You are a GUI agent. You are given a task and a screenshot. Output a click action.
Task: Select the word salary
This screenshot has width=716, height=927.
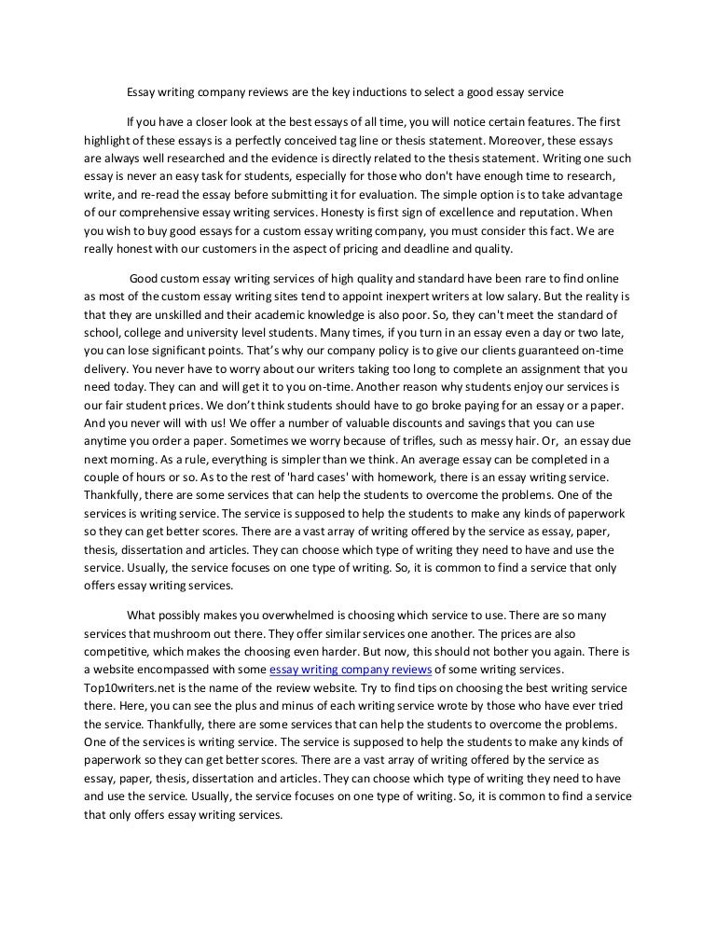pyautogui.click(x=556, y=296)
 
